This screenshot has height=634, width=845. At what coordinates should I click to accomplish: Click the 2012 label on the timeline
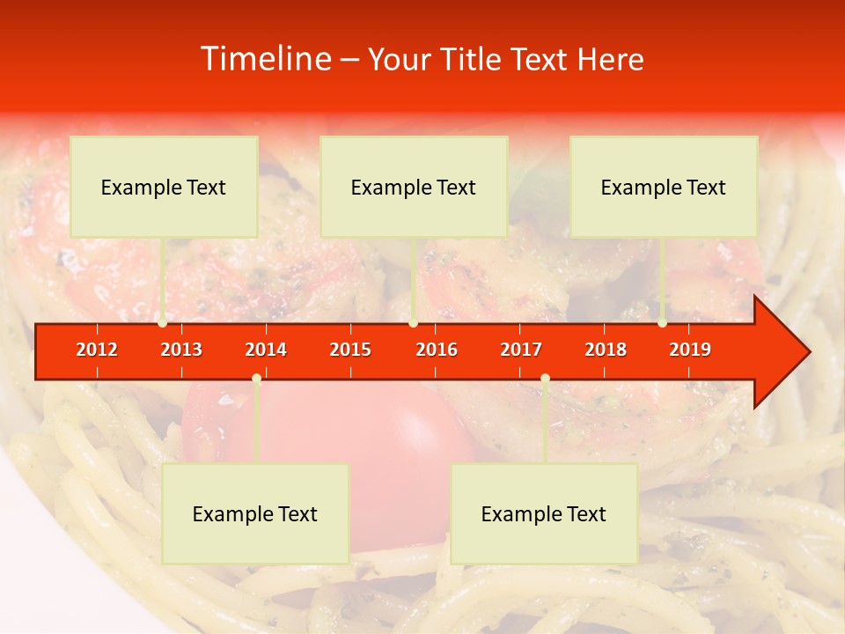coord(97,350)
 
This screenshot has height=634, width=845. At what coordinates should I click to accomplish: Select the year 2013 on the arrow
coord(181,350)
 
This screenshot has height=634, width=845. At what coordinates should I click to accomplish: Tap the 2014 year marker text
coord(266,350)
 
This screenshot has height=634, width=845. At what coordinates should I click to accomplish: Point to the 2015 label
coord(350,350)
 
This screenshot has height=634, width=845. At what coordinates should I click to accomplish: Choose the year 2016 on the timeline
coord(437,350)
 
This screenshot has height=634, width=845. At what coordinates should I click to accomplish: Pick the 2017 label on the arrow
coord(521,350)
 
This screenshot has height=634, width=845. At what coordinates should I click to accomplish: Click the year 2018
coord(606,350)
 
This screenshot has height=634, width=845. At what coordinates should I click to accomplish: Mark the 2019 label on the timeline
coord(690,350)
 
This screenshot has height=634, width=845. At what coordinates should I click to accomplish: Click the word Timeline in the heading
coord(265,59)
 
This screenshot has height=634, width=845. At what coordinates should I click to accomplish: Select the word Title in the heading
coord(473,60)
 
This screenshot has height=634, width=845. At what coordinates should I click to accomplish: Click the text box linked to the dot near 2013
coord(164,187)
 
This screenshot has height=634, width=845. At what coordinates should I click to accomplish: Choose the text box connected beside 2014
coord(255,513)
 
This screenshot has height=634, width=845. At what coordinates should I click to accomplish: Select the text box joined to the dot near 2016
coord(414,187)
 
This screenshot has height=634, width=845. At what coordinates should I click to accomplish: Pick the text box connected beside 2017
coord(544,513)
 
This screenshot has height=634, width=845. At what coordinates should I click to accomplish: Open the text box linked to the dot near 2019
coord(664,187)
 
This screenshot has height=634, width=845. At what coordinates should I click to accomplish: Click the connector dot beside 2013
coord(162,323)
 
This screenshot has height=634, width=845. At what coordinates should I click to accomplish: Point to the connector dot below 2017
coord(545,379)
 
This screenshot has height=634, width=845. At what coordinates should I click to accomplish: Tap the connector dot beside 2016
coord(413,323)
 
